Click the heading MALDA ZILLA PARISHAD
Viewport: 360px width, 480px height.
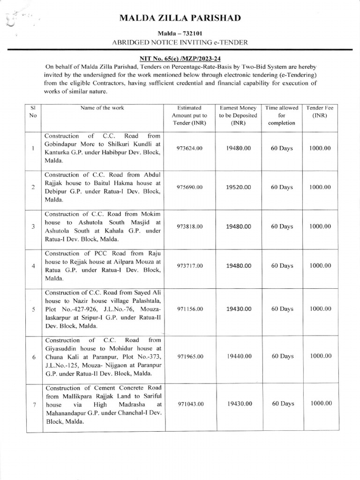pyautogui.click(x=180, y=18)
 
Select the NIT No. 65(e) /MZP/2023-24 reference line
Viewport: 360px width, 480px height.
pyautogui.click(x=180, y=59)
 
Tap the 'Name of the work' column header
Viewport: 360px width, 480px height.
pyautogui.click(x=102, y=108)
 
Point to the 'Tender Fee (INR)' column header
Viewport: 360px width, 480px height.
pyautogui.click(x=320, y=112)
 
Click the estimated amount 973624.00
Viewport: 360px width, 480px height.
pyautogui.click(x=189, y=148)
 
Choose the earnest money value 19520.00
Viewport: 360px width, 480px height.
pyautogui.click(x=238, y=187)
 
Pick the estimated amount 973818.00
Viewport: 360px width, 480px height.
pyautogui.click(x=189, y=226)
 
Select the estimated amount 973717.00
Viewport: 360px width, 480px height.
pyautogui.click(x=189, y=266)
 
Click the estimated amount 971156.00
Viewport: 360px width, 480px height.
pyautogui.click(x=189, y=309)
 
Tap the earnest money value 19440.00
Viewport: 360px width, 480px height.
pyautogui.click(x=238, y=356)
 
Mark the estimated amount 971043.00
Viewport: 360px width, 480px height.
pyautogui.click(x=189, y=404)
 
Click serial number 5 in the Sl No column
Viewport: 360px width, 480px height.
pyautogui.click(x=33, y=309)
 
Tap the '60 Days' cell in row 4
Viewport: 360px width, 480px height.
pyautogui.click(x=282, y=266)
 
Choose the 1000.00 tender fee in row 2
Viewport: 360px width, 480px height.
pyautogui.click(x=320, y=187)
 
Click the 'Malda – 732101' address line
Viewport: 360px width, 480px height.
pyautogui.click(x=180, y=34)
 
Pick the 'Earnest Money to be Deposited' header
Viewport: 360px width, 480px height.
pyautogui.click(x=238, y=115)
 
